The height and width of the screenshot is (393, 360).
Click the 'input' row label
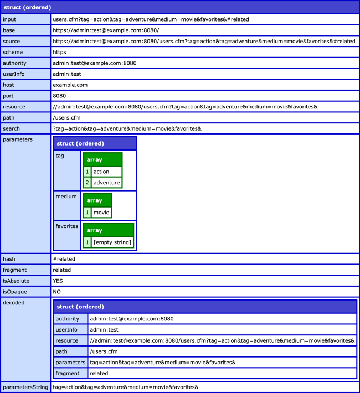click(x=9, y=19)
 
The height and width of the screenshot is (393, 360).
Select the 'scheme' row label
click(x=13, y=52)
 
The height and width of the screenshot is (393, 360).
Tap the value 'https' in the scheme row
click(x=59, y=52)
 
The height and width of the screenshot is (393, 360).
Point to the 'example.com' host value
click(x=70, y=85)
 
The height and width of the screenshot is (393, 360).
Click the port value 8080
click(x=59, y=96)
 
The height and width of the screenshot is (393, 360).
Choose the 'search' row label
click(x=11, y=128)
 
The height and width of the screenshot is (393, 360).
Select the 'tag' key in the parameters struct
click(x=60, y=156)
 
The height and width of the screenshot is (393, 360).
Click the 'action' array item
click(x=101, y=172)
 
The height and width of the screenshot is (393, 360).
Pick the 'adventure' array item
click(x=106, y=182)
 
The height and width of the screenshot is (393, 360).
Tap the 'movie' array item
click(x=101, y=213)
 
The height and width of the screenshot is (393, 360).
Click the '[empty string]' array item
click(x=112, y=242)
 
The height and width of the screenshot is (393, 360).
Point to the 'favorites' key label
click(x=66, y=226)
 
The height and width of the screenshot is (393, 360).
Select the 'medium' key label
click(x=65, y=196)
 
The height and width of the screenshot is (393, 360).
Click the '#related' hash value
click(x=64, y=258)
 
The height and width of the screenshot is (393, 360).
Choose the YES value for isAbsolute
click(x=58, y=281)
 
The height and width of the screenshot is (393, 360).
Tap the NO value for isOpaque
click(x=56, y=291)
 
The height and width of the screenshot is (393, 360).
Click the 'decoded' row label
click(x=13, y=303)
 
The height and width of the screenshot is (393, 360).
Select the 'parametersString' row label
click(x=25, y=387)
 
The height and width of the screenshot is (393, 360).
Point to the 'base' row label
click(x=9, y=30)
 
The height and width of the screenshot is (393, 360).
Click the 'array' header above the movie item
click(x=95, y=200)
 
